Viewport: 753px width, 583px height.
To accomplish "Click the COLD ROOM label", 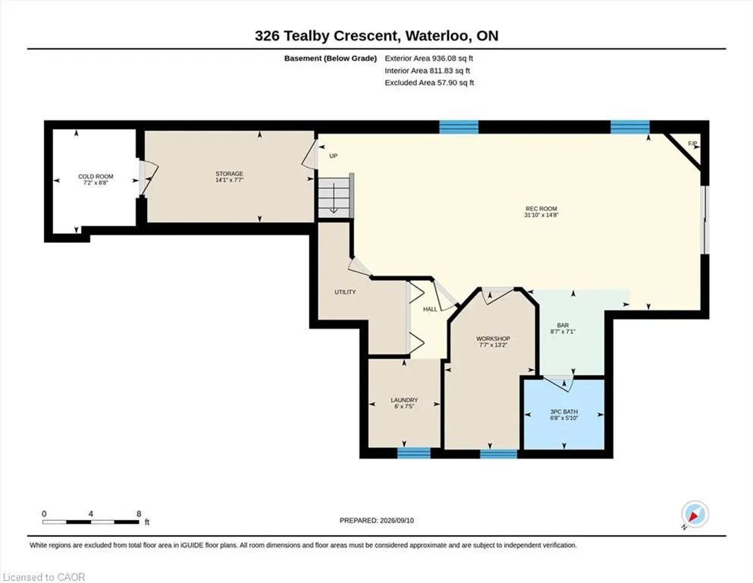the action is pos(96,176).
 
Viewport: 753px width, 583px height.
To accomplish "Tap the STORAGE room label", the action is pos(229,174).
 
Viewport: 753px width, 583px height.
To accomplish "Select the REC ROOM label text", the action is pos(541,209).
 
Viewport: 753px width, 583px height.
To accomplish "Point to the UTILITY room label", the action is pos(345,291).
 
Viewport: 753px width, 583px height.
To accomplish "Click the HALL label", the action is pos(430,309).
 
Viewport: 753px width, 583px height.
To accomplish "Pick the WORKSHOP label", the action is pos(493,339).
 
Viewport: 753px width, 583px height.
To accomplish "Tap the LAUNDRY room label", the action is pos(404,400).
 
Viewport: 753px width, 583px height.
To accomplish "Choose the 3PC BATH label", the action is pos(564,411).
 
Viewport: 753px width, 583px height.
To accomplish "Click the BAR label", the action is pos(563,326).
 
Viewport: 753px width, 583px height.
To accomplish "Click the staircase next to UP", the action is pos(335,197).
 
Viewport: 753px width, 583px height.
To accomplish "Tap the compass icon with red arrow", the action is pos(695,515).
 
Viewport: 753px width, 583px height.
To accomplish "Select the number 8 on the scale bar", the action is pos(139,514).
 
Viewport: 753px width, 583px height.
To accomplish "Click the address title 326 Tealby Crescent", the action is pos(326,36).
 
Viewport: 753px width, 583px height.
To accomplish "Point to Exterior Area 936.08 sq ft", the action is pos(429,58).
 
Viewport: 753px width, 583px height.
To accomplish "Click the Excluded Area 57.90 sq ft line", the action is pos(429,83).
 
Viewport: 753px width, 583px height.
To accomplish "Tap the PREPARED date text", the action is pos(376,520).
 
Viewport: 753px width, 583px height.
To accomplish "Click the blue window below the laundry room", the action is pos(414,452).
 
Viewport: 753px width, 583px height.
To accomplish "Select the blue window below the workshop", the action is pos(499,454).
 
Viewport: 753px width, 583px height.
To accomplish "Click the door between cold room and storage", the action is pos(146,178).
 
